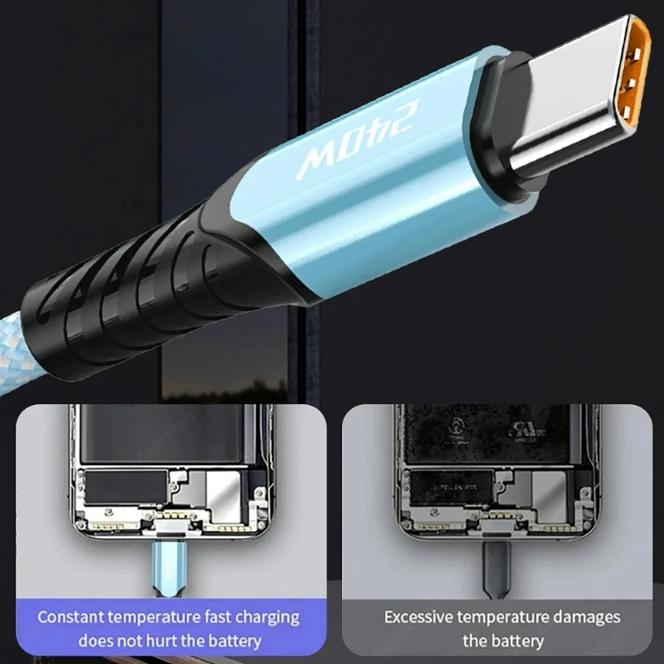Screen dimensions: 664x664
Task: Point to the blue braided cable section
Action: [13, 372]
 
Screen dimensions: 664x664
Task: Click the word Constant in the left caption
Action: [70, 617]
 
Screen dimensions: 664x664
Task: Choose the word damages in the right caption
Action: [584, 617]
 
